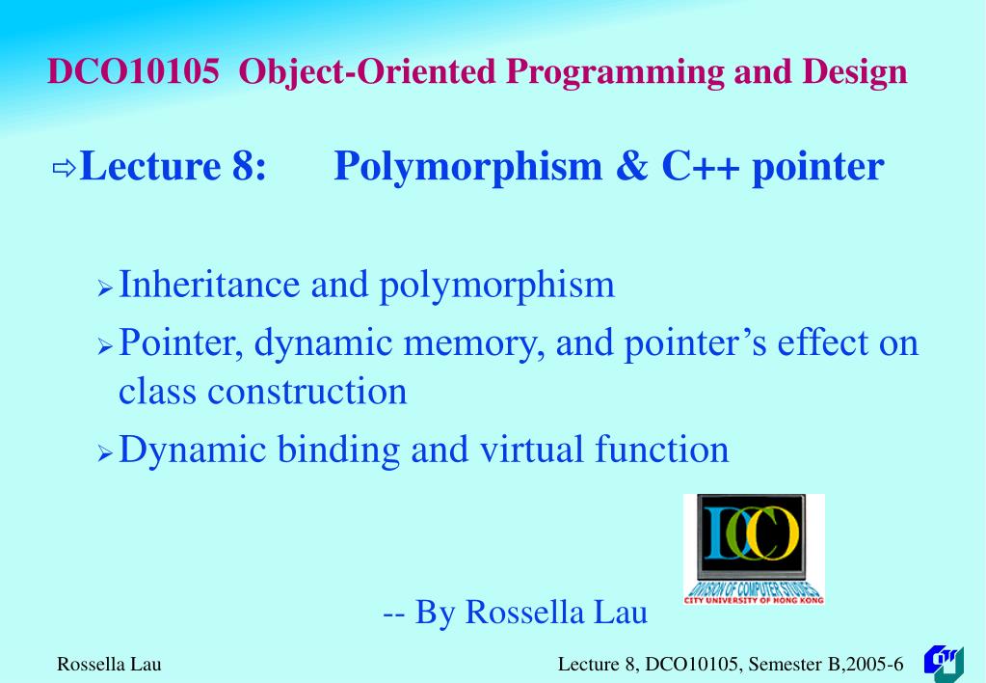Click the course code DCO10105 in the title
(x=133, y=72)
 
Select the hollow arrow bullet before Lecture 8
(x=64, y=170)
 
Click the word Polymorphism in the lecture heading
(x=467, y=167)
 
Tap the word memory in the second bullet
(x=463, y=343)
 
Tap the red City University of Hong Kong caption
(x=754, y=600)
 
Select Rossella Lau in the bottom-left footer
(x=109, y=664)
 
